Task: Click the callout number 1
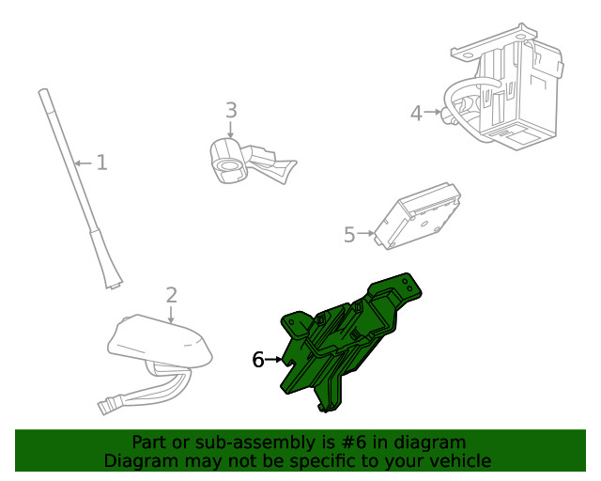click(x=101, y=163)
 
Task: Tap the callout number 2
click(x=171, y=295)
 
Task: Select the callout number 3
click(x=231, y=112)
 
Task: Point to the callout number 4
click(x=417, y=114)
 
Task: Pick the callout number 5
click(x=349, y=235)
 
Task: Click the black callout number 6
click(x=258, y=360)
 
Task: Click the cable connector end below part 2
click(x=106, y=407)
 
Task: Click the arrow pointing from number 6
click(x=274, y=360)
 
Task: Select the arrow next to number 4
click(x=434, y=113)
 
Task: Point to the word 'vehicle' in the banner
click(x=459, y=461)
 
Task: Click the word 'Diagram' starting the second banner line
click(x=139, y=461)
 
